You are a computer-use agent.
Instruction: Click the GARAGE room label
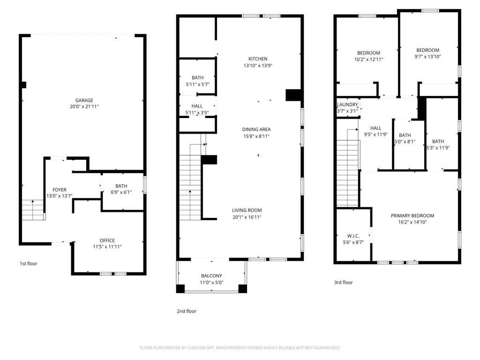[84, 100]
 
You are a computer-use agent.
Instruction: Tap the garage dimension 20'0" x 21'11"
[84, 107]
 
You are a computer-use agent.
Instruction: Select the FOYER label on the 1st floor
[59, 190]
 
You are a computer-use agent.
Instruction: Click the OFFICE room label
[107, 240]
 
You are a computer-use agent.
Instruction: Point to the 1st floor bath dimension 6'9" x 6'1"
[121, 192]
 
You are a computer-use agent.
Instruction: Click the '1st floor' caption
[28, 263]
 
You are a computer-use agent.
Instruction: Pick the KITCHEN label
[258, 59]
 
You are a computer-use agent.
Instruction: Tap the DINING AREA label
[256, 129]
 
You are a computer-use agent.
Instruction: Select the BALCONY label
[211, 276]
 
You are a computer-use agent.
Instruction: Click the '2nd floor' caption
[187, 311]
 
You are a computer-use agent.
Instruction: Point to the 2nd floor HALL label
[197, 106]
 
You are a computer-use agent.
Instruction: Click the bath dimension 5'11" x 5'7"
[197, 84]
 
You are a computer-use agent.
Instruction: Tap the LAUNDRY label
[347, 105]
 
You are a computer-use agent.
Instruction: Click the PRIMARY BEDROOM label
[412, 216]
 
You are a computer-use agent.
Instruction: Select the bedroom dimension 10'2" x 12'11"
[368, 60]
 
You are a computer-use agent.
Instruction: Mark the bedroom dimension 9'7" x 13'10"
[427, 57]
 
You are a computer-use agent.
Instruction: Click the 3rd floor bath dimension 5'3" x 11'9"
[438, 148]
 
